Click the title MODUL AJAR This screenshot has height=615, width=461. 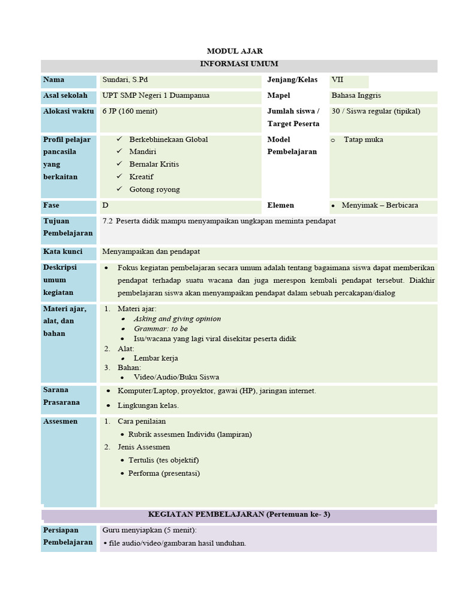(x=235, y=51)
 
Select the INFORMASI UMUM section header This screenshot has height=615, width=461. (x=238, y=64)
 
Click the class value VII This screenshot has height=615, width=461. (x=337, y=80)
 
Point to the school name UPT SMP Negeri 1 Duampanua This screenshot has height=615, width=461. (x=156, y=95)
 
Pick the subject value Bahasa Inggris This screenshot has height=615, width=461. (x=356, y=95)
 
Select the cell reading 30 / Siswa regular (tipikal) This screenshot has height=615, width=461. (x=376, y=111)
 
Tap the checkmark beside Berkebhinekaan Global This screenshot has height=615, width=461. (x=119, y=139)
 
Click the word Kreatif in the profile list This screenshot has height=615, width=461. (x=142, y=177)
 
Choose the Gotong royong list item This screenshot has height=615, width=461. (x=154, y=189)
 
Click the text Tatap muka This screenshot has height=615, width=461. (x=364, y=140)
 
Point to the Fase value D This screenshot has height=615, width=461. (x=106, y=205)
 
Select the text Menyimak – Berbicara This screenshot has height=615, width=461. (x=380, y=205)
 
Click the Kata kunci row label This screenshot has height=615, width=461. (x=63, y=252)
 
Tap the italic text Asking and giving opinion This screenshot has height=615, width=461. (x=177, y=319)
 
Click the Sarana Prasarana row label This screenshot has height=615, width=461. (x=61, y=396)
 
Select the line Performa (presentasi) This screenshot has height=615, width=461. (x=164, y=473)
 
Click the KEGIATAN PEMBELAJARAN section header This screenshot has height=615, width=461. (x=239, y=515)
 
